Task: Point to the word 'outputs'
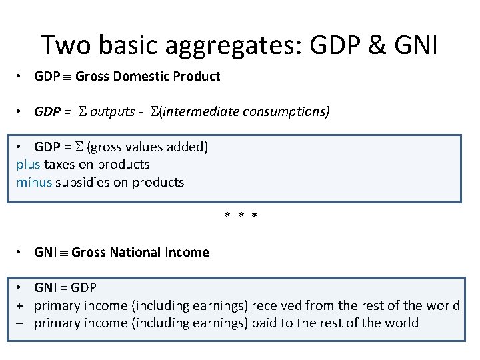pyautogui.click(x=112, y=111)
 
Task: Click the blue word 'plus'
pyautogui.click(x=29, y=165)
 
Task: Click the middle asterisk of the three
pyautogui.click(x=241, y=216)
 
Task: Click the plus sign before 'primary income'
pyautogui.click(x=21, y=306)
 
